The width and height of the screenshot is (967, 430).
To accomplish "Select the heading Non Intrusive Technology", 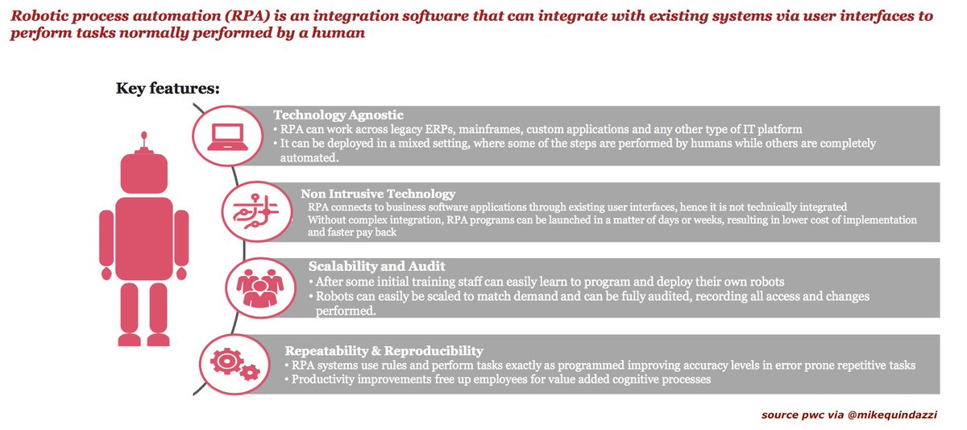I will [378, 194].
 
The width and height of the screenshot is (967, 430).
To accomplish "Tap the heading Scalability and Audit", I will [377, 266].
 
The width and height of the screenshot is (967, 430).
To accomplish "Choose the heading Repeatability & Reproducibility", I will [384, 350].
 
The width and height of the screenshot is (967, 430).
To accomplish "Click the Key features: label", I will [168, 87].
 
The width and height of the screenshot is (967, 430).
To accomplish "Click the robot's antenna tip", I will [143, 135].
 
